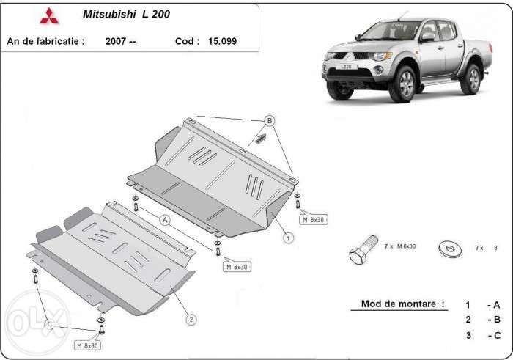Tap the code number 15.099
pos(222,41)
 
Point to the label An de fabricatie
pos(45,41)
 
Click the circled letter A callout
pos(165,219)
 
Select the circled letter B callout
pos(269,120)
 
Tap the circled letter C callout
pos(49,323)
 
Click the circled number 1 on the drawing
pos(289,238)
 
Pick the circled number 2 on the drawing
pos(191,319)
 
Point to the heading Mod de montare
pos(402,304)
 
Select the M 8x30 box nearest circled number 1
pos(313,218)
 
